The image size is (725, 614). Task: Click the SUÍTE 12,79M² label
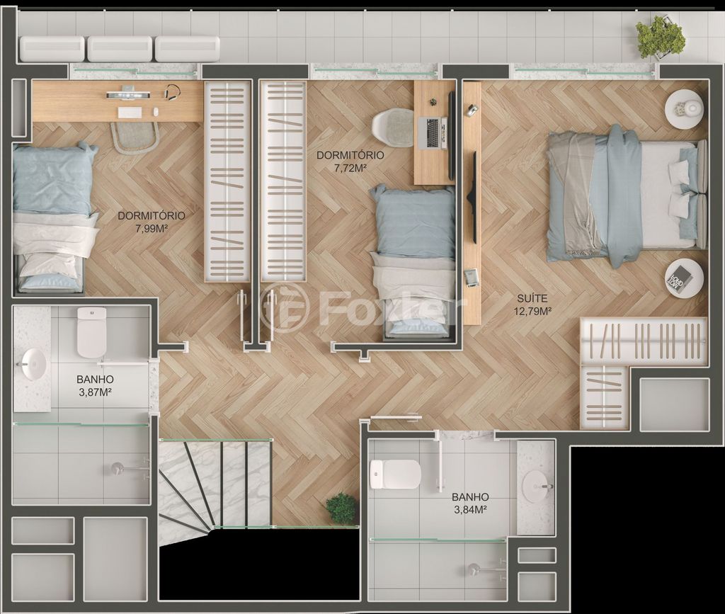click(x=532, y=305)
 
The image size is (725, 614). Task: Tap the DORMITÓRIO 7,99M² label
click(x=152, y=221)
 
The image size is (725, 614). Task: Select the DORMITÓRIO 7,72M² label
click(x=350, y=161)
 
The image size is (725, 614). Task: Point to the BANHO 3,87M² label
click(x=96, y=385)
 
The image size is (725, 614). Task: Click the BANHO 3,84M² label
click(x=470, y=503)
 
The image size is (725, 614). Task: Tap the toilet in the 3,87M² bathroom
click(x=91, y=332)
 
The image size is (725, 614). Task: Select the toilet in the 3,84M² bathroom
click(x=395, y=474)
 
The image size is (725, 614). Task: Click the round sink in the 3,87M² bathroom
click(x=33, y=364)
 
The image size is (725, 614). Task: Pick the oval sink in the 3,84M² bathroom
click(x=537, y=487)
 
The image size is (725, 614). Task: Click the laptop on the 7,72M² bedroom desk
click(x=433, y=132)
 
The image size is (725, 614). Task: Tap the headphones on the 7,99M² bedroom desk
click(x=173, y=91)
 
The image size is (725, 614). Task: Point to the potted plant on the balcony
click(x=659, y=37)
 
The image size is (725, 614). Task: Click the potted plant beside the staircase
click(x=341, y=508)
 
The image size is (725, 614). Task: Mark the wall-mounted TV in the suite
click(x=472, y=198)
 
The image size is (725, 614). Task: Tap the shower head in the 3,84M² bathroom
click(x=474, y=569)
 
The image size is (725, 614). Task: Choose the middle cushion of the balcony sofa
click(x=120, y=49)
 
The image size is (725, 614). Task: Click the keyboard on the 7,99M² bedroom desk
click(x=130, y=113)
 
